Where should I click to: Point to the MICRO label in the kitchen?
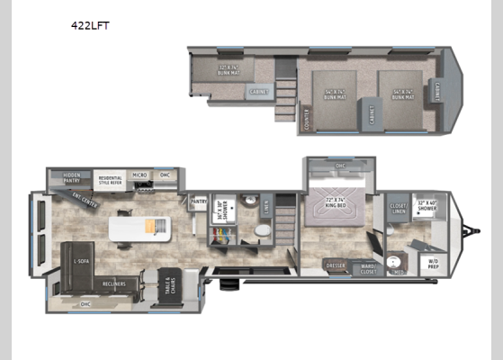coord(139,175)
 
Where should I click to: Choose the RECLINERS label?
coord(113,283)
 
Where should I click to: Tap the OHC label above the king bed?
coord(340,166)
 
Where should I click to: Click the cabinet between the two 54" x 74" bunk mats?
coord(369,112)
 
